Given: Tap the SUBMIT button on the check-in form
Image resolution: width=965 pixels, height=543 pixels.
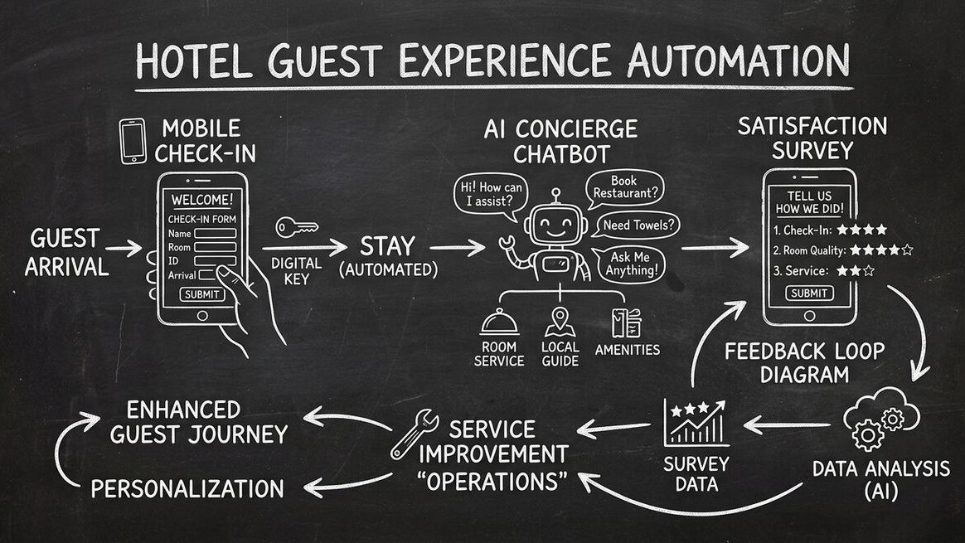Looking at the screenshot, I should (201, 294).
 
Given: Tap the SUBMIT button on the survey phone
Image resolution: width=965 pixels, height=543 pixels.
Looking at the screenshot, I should (809, 293).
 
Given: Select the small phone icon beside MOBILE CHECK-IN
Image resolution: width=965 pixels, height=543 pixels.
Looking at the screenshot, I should (133, 141).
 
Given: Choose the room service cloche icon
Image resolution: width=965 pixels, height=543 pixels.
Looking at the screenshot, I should (499, 322).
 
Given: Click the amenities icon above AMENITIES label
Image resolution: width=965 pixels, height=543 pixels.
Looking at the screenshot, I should (623, 322).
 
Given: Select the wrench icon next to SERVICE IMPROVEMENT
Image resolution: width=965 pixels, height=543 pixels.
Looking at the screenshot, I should (413, 433).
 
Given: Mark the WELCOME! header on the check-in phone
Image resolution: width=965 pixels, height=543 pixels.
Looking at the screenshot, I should (201, 200).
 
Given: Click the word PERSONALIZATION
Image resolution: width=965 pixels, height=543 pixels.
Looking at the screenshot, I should (187, 488).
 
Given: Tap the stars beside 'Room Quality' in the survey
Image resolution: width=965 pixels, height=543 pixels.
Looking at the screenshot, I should (882, 250).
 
